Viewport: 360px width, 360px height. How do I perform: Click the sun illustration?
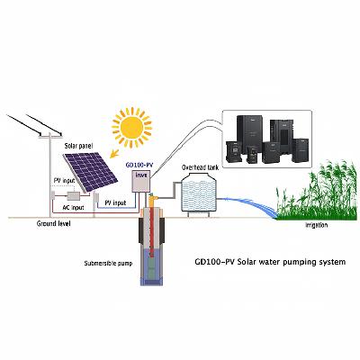[132, 128]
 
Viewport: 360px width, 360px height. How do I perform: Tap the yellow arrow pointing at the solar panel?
[114, 153]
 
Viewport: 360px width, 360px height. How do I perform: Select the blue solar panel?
[90, 172]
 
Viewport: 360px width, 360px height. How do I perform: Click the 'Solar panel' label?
[79, 146]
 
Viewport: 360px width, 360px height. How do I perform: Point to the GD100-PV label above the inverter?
[139, 165]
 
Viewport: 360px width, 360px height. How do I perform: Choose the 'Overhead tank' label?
[200, 167]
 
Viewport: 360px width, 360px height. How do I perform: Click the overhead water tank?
[199, 193]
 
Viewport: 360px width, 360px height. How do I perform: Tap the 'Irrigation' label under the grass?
[316, 225]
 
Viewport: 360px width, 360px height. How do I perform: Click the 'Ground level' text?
[54, 223]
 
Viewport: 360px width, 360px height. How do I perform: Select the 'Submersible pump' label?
[108, 264]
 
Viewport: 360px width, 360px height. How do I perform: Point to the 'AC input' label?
[73, 207]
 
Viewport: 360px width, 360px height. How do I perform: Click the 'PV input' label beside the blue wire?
[115, 203]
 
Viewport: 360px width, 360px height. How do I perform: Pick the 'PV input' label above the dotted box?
[64, 181]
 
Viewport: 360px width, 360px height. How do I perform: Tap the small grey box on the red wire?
[73, 196]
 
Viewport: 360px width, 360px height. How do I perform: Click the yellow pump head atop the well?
[153, 199]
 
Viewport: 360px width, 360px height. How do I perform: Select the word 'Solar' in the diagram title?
[247, 262]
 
